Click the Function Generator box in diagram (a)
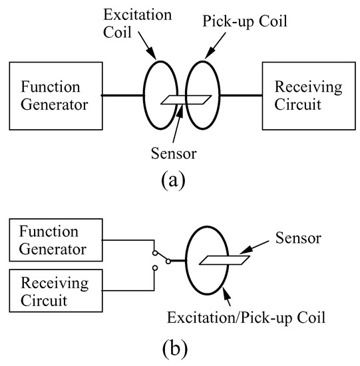click(x=54, y=95)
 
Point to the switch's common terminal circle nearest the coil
click(x=168, y=261)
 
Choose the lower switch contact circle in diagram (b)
click(x=155, y=269)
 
